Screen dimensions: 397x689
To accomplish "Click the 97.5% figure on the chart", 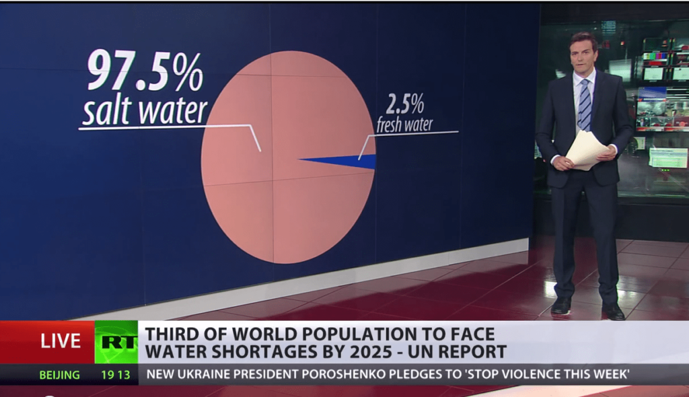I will click(144, 71).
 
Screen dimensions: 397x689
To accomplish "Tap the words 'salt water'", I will click(145, 110).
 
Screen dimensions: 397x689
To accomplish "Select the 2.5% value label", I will click(404, 104).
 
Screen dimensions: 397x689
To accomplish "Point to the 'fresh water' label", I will click(404, 124).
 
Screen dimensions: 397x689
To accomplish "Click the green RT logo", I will click(116, 342).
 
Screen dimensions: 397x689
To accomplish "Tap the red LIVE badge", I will click(61, 342).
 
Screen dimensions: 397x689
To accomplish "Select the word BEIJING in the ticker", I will click(59, 375).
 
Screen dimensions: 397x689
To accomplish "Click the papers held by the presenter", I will click(585, 149).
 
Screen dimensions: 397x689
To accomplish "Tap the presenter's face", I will click(583, 55).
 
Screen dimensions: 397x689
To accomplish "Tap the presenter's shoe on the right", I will click(613, 312).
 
